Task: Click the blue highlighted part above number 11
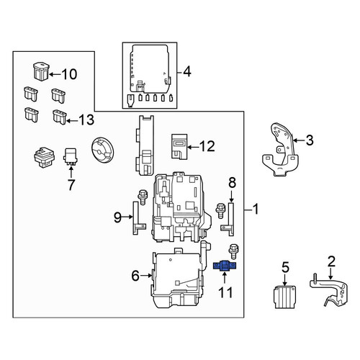click(x=225, y=266)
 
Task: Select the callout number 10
click(x=69, y=74)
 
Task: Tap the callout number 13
click(x=86, y=120)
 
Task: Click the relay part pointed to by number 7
click(x=71, y=156)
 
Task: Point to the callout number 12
click(x=207, y=146)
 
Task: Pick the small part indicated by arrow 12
click(x=179, y=146)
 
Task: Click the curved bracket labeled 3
click(x=281, y=150)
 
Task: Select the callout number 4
click(x=187, y=71)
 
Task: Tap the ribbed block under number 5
click(x=285, y=297)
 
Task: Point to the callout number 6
click(x=135, y=276)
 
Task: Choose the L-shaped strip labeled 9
click(x=136, y=218)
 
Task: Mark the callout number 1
click(x=256, y=209)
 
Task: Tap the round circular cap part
click(x=103, y=150)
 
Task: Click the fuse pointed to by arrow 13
click(x=59, y=117)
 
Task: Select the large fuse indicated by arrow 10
click(x=41, y=71)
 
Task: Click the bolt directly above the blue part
click(x=233, y=251)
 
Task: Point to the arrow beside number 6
click(x=146, y=276)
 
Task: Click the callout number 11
click(x=225, y=293)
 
